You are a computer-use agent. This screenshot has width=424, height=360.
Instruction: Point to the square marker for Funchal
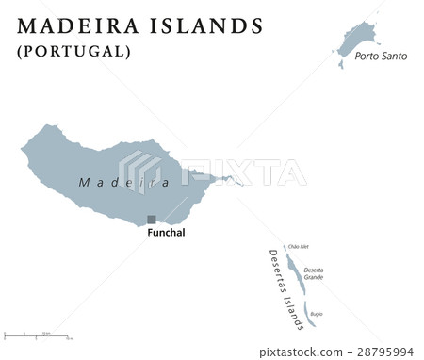click(151, 219)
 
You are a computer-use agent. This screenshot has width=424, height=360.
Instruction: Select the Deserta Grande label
click(313, 274)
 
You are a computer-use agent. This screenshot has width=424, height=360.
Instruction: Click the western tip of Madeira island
click(24, 147)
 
